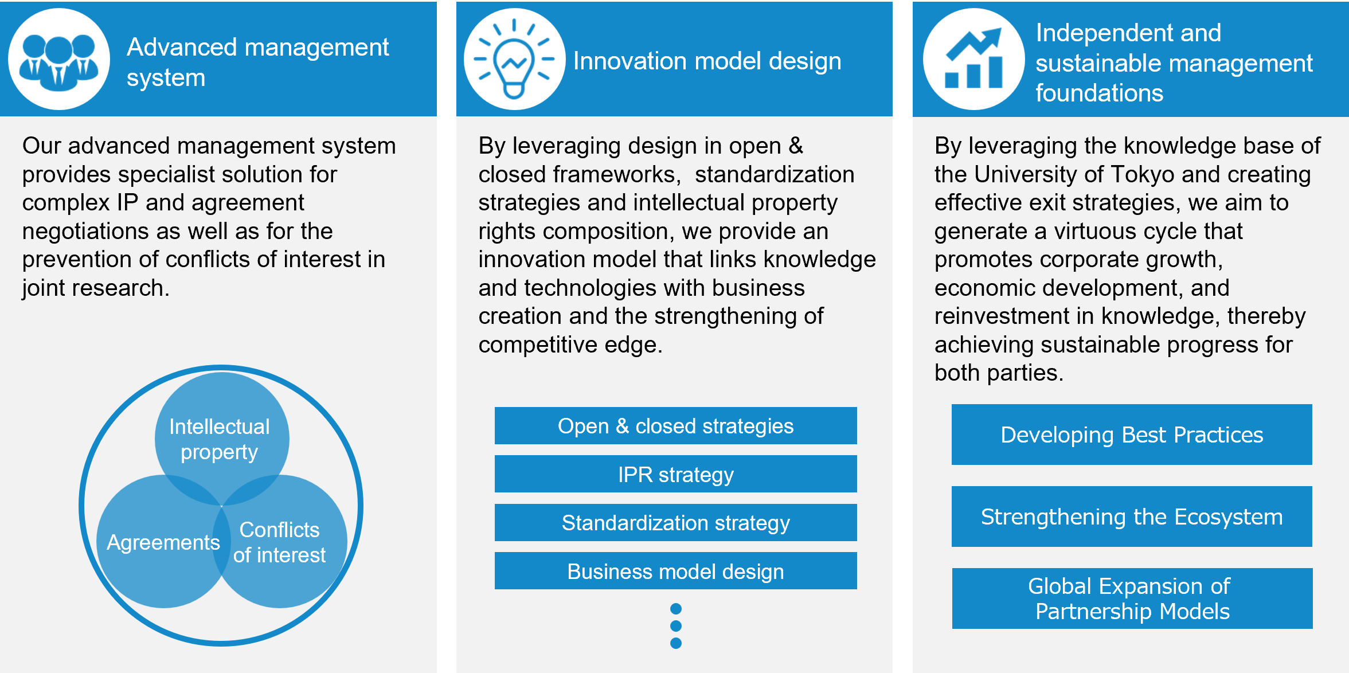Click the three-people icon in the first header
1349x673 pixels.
(58, 61)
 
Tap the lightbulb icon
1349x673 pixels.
(514, 60)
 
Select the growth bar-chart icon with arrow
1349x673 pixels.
(973, 58)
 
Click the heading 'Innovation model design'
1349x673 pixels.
(707, 61)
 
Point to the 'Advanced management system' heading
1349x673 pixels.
(257, 62)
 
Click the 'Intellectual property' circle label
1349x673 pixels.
(220, 439)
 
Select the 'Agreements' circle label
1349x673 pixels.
(163, 542)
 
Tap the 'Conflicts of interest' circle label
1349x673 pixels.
(279, 542)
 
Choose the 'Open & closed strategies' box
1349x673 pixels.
(675, 425)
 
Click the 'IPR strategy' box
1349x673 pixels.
(675, 474)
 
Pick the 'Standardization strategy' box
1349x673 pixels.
(675, 522)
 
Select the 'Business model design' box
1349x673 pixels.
(675, 571)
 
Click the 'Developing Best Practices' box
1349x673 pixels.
(1132, 435)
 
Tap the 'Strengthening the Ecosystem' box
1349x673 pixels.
(1132, 517)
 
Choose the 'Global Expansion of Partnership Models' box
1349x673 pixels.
(1132, 598)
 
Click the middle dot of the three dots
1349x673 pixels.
(676, 626)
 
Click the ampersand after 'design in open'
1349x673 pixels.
(796, 146)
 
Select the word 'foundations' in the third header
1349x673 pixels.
(1099, 93)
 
